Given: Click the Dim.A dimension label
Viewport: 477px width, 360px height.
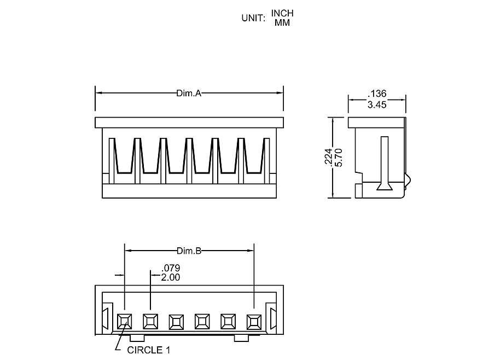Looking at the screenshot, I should tap(189, 93).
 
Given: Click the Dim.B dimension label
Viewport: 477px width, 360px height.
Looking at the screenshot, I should tap(189, 251).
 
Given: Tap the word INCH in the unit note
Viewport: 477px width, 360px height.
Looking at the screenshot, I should tap(282, 13).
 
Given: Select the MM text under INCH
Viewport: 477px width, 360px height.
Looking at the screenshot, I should tap(282, 23).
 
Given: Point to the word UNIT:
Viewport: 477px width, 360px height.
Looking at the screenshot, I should tap(253, 18).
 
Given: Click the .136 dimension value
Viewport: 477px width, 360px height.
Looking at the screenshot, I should tap(377, 94).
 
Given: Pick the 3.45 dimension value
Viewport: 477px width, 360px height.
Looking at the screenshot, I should tap(377, 104).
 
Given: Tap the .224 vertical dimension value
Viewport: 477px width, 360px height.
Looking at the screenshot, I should tap(329, 158).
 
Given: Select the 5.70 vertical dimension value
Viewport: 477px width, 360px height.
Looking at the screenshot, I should tap(338, 158).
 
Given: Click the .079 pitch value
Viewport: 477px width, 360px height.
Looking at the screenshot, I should tap(171, 268).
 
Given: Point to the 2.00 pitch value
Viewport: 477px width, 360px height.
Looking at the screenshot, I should tap(171, 277).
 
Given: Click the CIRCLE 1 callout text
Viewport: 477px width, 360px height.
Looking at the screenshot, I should tap(145, 350).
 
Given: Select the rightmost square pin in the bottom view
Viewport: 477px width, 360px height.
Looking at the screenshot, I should tap(254, 321).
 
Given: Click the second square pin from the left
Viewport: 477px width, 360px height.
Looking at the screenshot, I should tap(150, 321).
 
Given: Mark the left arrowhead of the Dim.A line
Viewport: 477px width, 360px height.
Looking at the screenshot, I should tap(98, 93).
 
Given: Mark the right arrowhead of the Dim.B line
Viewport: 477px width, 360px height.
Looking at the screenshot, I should tap(251, 251).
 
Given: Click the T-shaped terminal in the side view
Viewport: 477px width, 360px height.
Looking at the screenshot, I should tap(385, 164).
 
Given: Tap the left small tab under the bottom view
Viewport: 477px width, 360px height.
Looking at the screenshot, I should tap(137, 338).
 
